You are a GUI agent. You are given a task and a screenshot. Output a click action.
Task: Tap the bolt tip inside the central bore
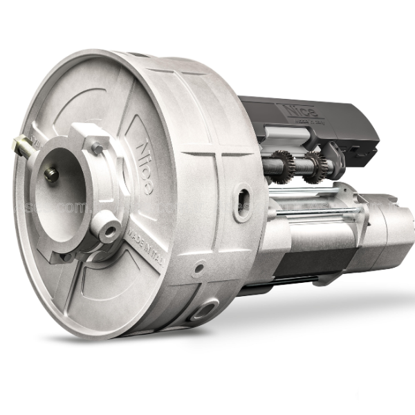51,175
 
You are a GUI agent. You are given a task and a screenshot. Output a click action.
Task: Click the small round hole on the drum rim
199,266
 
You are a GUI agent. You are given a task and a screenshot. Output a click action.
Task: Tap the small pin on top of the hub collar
98,147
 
